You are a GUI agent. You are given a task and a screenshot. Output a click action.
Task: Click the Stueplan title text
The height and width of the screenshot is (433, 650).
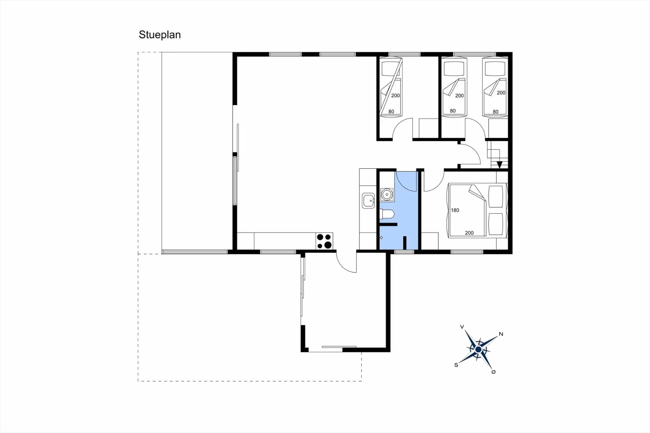[x=159, y=35]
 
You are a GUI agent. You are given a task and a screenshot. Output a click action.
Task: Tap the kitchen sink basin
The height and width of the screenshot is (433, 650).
[x=368, y=201]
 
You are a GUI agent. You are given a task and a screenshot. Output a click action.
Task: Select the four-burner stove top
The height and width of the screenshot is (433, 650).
[x=324, y=241]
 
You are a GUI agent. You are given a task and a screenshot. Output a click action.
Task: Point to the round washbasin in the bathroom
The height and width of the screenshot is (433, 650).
[x=387, y=195]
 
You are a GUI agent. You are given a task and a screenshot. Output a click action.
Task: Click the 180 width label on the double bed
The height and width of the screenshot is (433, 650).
[x=455, y=210]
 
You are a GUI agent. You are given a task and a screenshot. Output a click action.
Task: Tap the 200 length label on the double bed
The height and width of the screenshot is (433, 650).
[x=469, y=233]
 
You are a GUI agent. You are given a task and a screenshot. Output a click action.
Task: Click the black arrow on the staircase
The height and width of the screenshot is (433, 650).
[x=499, y=165]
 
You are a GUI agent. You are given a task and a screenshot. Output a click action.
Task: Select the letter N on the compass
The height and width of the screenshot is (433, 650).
[x=501, y=334]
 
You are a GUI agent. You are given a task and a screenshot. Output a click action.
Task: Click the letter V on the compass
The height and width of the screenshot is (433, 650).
[x=462, y=327]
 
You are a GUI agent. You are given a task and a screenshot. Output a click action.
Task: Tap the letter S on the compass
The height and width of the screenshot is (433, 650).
[x=456, y=365]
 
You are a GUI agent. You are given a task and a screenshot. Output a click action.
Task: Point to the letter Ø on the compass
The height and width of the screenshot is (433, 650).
[x=493, y=372]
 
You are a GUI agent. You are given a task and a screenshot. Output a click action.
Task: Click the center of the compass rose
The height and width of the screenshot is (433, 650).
[x=478, y=349]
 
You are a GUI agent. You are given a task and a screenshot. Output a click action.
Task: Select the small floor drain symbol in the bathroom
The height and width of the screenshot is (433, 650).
[x=381, y=238]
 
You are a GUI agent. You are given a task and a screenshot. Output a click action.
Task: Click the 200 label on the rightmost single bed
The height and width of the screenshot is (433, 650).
[x=501, y=93]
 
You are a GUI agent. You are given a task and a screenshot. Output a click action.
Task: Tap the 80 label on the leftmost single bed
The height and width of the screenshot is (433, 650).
[x=391, y=111]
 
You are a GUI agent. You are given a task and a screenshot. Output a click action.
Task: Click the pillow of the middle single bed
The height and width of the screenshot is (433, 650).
[x=454, y=69]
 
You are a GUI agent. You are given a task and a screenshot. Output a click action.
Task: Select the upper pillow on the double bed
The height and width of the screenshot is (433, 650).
[x=496, y=196]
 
